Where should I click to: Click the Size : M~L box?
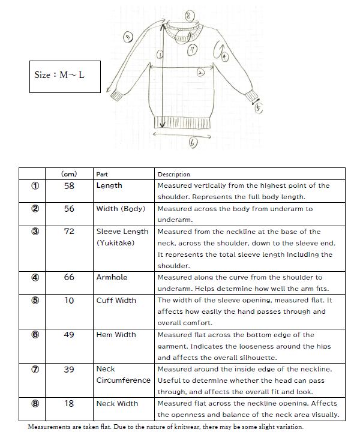point(65,76)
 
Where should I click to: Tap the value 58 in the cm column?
point(69,186)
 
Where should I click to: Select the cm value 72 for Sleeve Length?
point(69,232)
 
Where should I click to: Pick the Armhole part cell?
point(112,277)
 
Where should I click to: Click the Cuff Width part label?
point(116,300)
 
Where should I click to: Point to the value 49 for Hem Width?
point(69,335)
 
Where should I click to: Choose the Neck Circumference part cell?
point(123,374)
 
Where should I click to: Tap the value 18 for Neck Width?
point(69,404)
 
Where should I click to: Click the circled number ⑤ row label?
point(35,300)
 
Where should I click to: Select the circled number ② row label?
point(35,209)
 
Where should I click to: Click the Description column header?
point(174,174)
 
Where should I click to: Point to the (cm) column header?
point(69,174)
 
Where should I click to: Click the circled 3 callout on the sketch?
point(128,37)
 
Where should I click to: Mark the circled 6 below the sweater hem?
point(193,142)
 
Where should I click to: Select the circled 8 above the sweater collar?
point(189,15)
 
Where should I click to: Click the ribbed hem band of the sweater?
point(182,122)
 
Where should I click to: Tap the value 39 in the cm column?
point(69,369)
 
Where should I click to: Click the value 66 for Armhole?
point(69,277)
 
